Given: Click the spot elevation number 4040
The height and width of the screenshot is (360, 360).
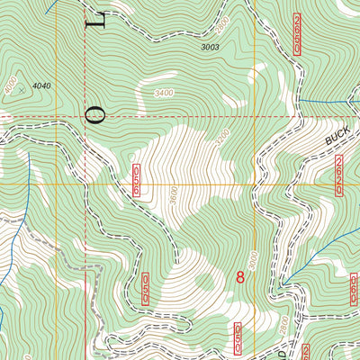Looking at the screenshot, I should (x=41, y=85).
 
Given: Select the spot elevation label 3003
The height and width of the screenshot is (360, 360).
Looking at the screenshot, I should (x=210, y=46).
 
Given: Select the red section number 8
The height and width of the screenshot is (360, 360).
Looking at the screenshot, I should (x=240, y=277).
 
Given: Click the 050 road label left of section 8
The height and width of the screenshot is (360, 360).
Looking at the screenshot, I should (x=145, y=290).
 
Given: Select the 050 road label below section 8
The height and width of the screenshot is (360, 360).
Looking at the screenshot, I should (x=238, y=337).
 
